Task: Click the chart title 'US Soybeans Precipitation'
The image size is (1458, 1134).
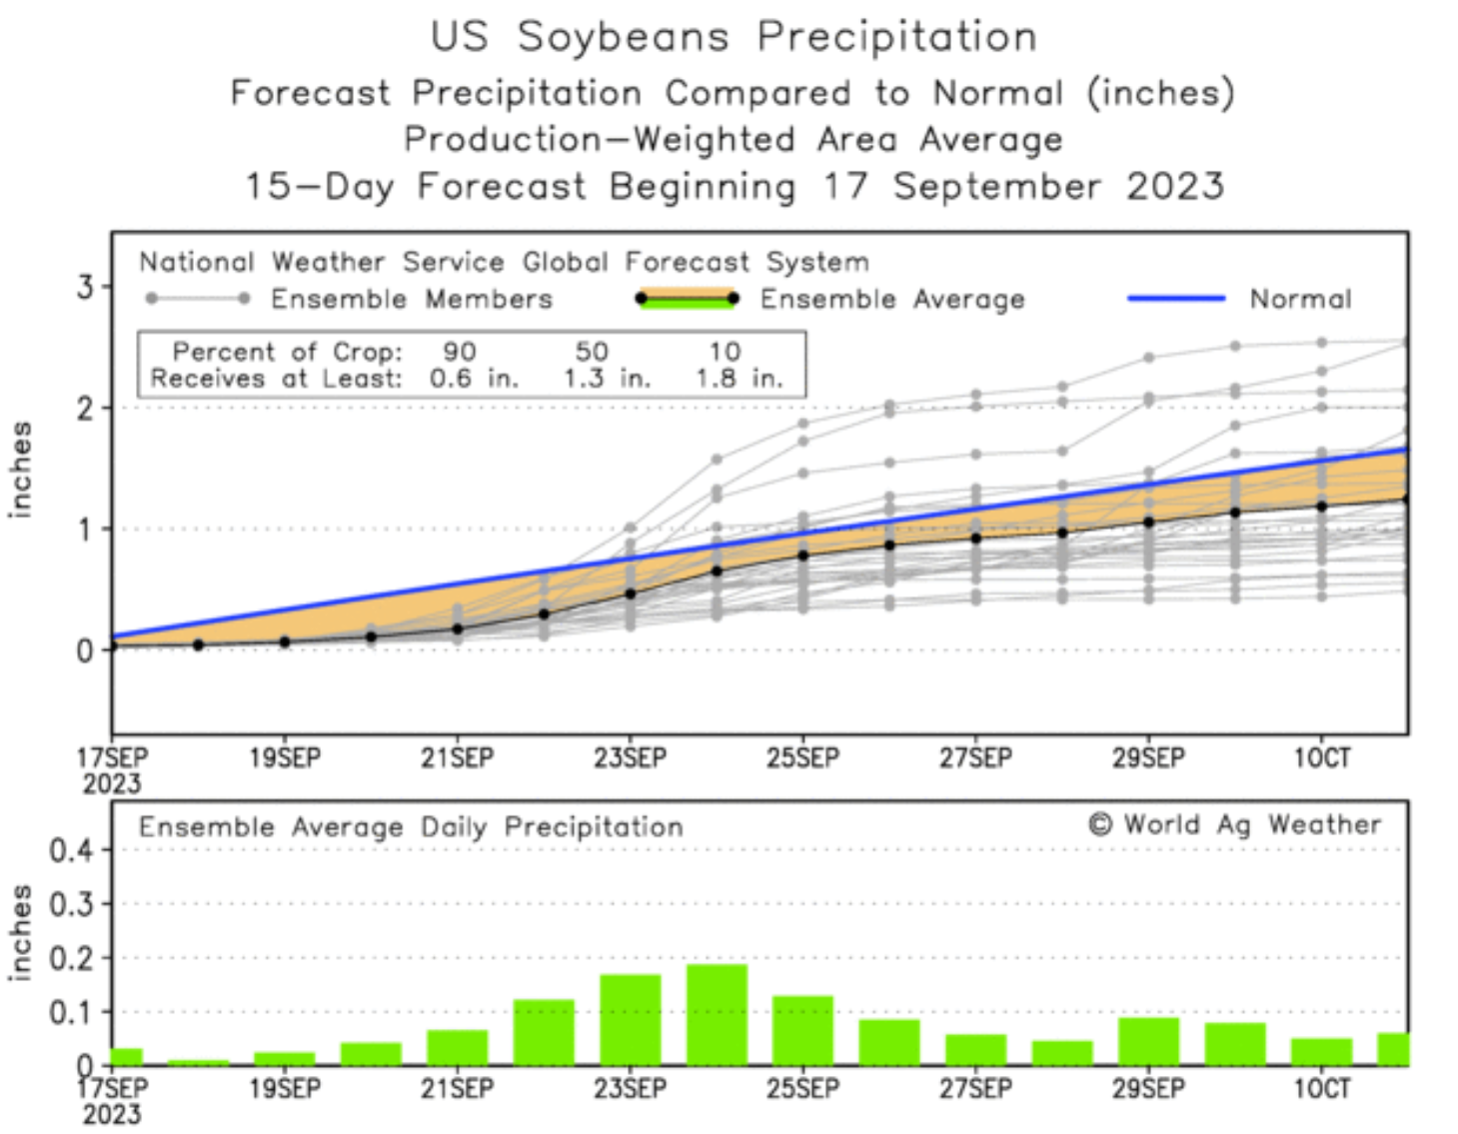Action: [733, 38]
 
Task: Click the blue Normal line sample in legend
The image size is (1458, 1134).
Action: [1176, 298]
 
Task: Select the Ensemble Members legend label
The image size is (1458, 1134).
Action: [411, 299]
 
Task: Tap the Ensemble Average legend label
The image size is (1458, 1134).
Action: [892, 299]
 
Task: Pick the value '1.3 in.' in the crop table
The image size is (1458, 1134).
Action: [607, 379]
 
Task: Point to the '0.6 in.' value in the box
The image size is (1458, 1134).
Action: [474, 379]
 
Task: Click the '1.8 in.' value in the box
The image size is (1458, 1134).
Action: [739, 379]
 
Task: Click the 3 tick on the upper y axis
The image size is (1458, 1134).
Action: [85, 288]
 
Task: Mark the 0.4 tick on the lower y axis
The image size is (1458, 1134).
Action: [72, 851]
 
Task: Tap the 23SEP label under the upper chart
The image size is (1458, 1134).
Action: [630, 758]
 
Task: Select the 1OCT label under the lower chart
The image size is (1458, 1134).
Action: [1321, 1088]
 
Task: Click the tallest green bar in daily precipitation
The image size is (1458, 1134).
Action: [717, 1014]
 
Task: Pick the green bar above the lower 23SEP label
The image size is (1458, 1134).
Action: [631, 1019]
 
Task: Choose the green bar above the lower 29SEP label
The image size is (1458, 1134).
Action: [1148, 1041]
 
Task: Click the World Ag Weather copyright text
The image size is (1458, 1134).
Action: [1235, 824]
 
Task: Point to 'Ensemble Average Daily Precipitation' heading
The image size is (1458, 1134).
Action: [411, 827]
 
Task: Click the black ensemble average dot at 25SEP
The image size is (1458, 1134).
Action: [802, 555]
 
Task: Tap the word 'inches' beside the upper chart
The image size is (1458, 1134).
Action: [20, 470]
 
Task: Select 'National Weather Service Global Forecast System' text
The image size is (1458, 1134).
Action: [504, 263]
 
